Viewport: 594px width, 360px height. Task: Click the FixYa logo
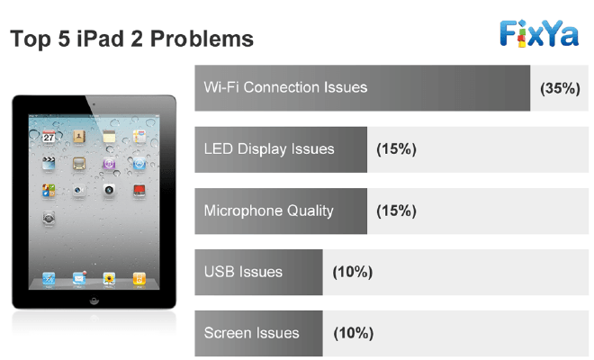coord(539,33)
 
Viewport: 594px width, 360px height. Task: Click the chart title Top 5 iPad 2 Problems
coord(131,39)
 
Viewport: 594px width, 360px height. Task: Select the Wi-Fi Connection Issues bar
coord(363,88)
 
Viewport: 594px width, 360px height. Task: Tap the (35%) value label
coord(560,88)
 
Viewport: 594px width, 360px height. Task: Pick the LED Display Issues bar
coord(281,149)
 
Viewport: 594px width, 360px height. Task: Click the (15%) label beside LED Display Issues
coord(396,149)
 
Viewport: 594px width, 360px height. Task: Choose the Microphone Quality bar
coord(281,211)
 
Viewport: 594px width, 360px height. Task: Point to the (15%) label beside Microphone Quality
coord(396,211)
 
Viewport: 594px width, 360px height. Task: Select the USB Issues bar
coord(258,272)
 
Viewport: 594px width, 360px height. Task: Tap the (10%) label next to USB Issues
coord(352,272)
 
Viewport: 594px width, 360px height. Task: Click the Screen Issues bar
coord(258,334)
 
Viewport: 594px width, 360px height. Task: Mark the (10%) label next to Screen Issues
coord(353,334)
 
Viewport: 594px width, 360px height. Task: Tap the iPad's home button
coord(94,301)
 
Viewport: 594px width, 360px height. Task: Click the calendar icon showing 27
coord(49,137)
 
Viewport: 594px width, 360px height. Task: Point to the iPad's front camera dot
coord(94,104)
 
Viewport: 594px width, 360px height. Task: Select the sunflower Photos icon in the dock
coord(109,278)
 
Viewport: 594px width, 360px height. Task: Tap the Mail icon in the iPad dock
coord(79,278)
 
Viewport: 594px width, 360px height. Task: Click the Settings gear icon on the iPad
coord(49,218)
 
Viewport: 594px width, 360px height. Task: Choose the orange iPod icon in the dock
coord(139,278)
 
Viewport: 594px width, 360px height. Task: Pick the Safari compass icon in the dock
coord(49,278)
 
